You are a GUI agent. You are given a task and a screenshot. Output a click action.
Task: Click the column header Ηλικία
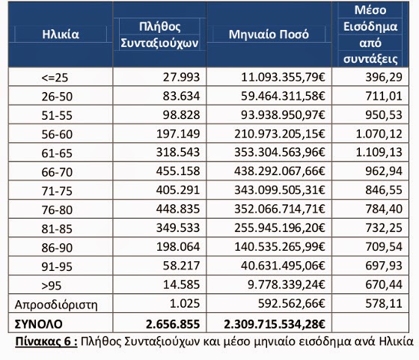(x=61, y=34)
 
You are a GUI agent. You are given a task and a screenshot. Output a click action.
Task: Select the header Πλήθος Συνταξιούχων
(x=159, y=34)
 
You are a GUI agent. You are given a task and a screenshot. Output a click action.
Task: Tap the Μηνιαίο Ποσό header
(x=269, y=34)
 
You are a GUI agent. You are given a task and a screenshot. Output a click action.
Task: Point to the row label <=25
(x=55, y=78)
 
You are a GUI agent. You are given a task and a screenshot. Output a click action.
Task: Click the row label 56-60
(x=57, y=134)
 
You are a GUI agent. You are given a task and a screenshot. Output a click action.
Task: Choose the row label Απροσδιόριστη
(x=56, y=305)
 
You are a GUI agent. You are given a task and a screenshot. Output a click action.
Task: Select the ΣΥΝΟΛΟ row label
(x=38, y=324)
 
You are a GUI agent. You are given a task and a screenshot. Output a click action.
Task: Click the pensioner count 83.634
(x=181, y=96)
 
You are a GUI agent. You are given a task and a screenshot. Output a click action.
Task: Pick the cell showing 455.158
(x=178, y=171)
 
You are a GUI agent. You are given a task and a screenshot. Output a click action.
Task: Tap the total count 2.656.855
(x=173, y=324)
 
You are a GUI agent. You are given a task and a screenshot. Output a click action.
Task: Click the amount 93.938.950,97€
(x=283, y=115)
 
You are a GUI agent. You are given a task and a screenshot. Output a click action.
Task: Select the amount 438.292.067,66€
(x=280, y=171)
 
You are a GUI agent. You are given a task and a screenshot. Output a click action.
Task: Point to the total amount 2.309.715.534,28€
(x=275, y=324)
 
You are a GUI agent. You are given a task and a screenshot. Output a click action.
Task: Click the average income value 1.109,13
(x=379, y=153)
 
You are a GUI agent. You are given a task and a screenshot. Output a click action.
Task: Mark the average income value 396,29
(x=384, y=77)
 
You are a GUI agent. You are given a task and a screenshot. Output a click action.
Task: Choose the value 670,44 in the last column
(x=384, y=284)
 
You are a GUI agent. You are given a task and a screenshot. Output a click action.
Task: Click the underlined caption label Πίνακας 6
(x=46, y=341)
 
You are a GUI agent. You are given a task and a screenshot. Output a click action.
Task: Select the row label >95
(x=52, y=286)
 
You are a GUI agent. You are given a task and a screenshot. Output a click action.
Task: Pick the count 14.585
(x=181, y=284)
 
